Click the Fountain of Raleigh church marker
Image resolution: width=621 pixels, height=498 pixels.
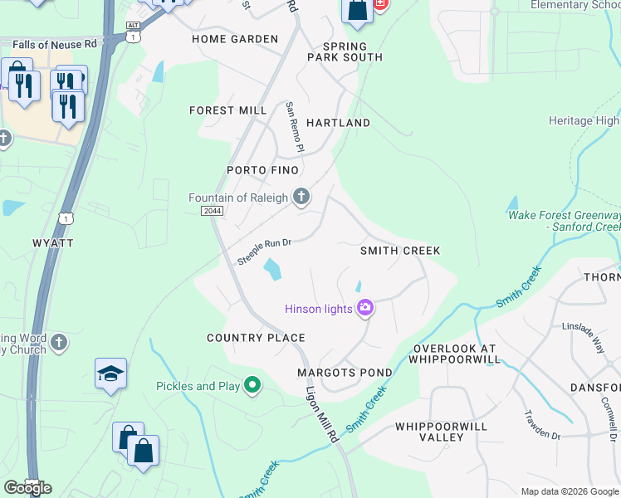tap(301, 197)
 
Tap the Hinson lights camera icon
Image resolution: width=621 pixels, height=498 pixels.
tap(364, 310)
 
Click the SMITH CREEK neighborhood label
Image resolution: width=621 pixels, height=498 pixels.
tap(400, 251)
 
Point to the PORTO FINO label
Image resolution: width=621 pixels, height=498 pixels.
tap(257, 170)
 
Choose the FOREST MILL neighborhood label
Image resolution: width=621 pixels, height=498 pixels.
tap(228, 110)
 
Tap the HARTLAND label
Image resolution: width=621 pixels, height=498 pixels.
tap(338, 123)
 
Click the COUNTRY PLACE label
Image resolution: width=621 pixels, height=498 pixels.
tap(256, 338)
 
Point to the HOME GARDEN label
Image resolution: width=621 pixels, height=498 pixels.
tap(235, 39)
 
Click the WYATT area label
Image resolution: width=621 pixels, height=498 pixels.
tap(53, 242)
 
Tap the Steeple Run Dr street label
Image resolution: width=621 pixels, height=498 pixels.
tap(265, 251)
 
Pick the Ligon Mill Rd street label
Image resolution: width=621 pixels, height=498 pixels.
tap(321, 413)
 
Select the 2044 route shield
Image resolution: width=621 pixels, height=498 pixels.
tap(212, 212)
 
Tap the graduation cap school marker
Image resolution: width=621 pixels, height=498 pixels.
tap(110, 374)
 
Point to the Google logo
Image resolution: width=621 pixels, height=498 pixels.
tap(27, 488)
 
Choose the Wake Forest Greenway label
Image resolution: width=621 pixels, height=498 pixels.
tap(564, 221)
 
